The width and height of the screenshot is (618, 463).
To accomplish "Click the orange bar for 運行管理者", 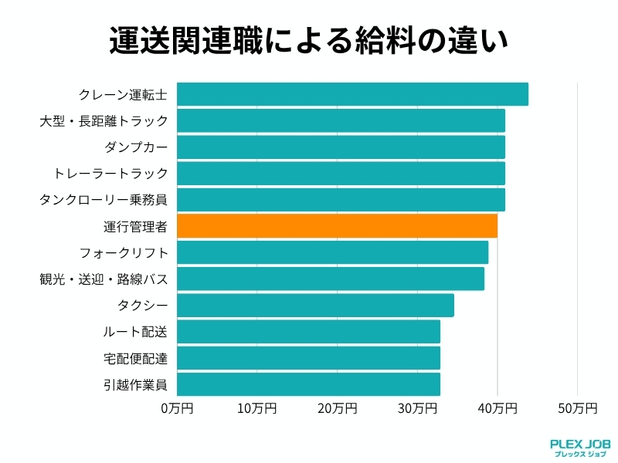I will coord(337,226).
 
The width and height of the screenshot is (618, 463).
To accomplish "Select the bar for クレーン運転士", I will coord(352,94).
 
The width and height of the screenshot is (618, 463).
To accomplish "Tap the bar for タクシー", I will coord(315,305).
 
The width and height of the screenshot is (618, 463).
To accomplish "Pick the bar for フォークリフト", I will coord(332,252).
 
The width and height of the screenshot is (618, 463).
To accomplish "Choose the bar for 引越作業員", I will coord(308,384).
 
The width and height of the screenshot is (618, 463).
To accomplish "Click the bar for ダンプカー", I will coord(341,147).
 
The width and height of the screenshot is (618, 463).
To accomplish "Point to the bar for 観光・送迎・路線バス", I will coord(331,279).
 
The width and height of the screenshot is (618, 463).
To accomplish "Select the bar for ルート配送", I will coord(308,331).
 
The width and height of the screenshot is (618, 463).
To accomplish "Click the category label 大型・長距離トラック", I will coord(104,121).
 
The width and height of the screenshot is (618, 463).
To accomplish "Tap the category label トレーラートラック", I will coord(110,174).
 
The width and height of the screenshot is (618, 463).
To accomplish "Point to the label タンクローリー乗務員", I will coord(104,200).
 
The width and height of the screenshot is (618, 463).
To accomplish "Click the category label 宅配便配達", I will coord(135,357).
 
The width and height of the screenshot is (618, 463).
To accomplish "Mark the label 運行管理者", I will coord(135,226).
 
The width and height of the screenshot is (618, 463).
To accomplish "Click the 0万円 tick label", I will coord(177,407).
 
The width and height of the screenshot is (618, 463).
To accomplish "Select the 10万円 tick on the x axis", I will coord(257,407).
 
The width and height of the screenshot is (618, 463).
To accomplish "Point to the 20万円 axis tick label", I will coord(337,407).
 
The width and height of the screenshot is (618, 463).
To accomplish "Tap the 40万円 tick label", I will coord(497,407).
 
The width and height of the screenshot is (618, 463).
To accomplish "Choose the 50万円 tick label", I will coord(577,407).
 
